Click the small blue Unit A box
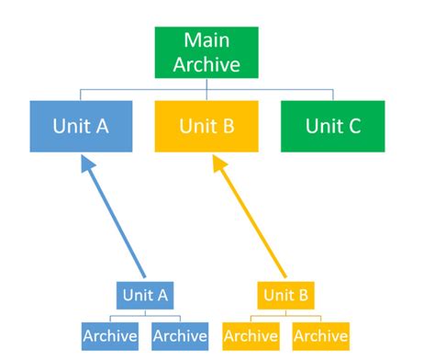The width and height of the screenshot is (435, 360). tap(145, 296)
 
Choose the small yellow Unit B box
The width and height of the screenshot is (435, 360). tap(285, 296)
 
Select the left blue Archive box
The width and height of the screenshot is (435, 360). tap(110, 335)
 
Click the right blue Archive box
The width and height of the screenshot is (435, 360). tap(180, 335)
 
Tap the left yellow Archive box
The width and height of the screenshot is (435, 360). tap(251, 335)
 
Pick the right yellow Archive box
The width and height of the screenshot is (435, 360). tap(320, 335)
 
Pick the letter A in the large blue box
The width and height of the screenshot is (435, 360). tap(102, 126)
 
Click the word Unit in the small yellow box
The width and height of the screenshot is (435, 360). tap(278, 296)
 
